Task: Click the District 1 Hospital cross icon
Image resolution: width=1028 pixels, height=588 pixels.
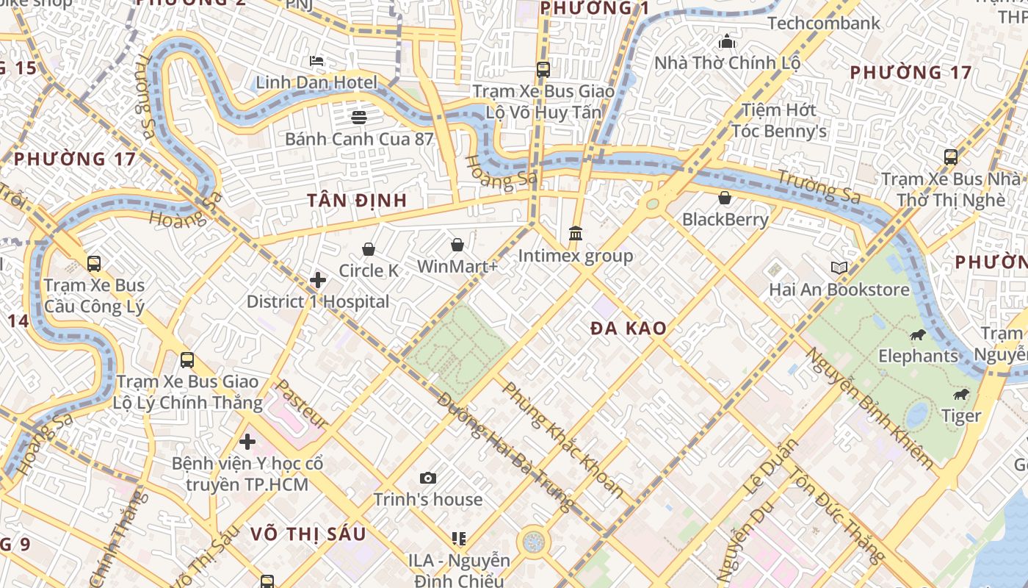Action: click(x=318, y=280)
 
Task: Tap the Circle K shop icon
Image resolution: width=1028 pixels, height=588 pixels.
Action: click(x=369, y=249)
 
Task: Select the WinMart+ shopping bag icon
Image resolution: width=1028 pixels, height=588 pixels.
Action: click(x=457, y=244)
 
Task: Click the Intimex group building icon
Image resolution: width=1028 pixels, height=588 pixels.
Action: click(x=576, y=234)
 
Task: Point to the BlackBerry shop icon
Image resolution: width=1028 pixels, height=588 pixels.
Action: click(x=725, y=198)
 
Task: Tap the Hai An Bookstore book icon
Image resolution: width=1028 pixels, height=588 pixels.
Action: click(x=839, y=268)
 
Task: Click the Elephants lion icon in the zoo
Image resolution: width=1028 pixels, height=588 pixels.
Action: click(x=917, y=335)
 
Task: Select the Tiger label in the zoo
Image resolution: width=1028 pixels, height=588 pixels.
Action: click(x=961, y=416)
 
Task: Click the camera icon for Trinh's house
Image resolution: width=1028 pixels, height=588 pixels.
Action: click(x=428, y=478)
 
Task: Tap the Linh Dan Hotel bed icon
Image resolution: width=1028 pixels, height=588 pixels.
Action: click(x=316, y=60)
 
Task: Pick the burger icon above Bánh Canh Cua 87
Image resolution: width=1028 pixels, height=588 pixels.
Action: click(x=358, y=117)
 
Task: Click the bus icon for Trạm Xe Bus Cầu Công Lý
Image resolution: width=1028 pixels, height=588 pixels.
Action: click(x=94, y=263)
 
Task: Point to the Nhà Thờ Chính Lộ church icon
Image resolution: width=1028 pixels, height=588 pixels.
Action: click(x=727, y=41)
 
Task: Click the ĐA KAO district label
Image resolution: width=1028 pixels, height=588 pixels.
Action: click(x=629, y=329)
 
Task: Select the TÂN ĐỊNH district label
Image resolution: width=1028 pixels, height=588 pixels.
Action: click(x=357, y=200)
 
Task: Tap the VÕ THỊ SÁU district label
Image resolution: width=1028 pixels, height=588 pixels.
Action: click(x=308, y=534)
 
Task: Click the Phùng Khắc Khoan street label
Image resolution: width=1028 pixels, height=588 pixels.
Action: click(x=562, y=440)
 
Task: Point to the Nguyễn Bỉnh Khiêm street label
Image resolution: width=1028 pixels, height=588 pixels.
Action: click(x=869, y=408)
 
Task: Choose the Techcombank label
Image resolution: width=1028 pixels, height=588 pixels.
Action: click(x=823, y=23)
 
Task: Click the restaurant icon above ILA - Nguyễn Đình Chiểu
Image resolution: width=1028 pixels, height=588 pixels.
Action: click(x=459, y=539)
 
